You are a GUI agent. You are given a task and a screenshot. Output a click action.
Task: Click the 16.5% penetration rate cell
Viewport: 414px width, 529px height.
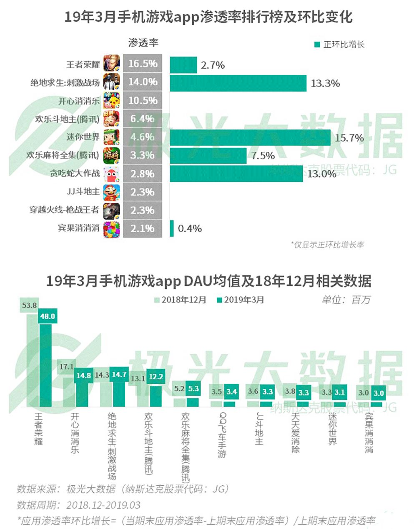click(143, 64)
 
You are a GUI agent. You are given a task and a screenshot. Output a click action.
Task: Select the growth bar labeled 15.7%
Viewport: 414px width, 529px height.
click(250, 137)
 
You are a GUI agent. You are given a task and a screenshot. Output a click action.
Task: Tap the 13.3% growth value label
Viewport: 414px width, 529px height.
click(325, 83)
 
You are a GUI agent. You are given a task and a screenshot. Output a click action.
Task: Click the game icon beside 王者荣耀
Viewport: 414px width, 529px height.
click(112, 64)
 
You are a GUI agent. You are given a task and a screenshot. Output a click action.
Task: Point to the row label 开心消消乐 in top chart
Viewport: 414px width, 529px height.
click(79, 101)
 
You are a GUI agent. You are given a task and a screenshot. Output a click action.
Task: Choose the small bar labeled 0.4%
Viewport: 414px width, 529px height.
click(172, 228)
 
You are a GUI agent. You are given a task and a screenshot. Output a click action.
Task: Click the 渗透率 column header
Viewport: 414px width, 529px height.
click(143, 43)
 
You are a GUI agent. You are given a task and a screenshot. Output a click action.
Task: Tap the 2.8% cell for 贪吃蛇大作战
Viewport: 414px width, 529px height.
click(143, 174)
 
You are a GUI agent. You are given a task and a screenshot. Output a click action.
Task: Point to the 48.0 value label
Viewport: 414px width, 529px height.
click(48, 316)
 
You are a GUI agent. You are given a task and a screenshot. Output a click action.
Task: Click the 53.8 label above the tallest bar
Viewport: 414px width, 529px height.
click(29, 305)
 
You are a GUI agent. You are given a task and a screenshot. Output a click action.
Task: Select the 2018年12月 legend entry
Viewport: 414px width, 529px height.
click(180, 300)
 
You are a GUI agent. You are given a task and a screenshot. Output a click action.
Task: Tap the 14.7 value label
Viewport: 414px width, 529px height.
click(119, 375)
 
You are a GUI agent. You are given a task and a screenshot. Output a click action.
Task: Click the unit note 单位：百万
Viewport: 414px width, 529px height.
click(345, 300)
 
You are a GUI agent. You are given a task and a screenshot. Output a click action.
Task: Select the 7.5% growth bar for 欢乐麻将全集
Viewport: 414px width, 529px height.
click(208, 156)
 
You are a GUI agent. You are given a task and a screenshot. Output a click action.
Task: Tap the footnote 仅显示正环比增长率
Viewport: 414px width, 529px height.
click(327, 245)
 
